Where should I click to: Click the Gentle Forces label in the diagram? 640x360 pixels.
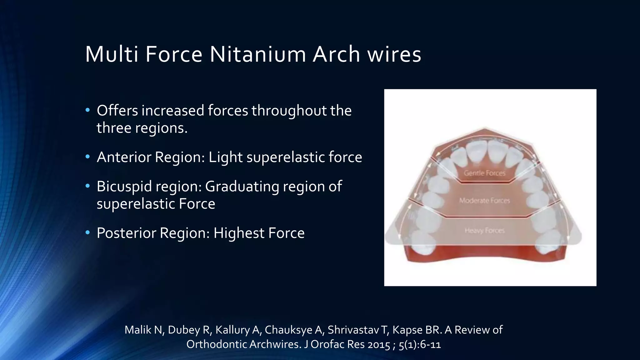coord(484,173)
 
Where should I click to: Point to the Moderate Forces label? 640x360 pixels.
coord(484,200)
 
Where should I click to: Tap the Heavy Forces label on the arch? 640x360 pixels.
coord(484,231)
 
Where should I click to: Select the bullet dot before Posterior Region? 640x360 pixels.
coord(87,232)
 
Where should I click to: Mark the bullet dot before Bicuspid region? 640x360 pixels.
coord(87,186)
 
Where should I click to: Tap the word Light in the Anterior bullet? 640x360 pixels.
coord(225,157)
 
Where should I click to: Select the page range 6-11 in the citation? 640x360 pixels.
coord(430,344)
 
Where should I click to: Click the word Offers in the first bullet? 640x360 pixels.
coord(117,111)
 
